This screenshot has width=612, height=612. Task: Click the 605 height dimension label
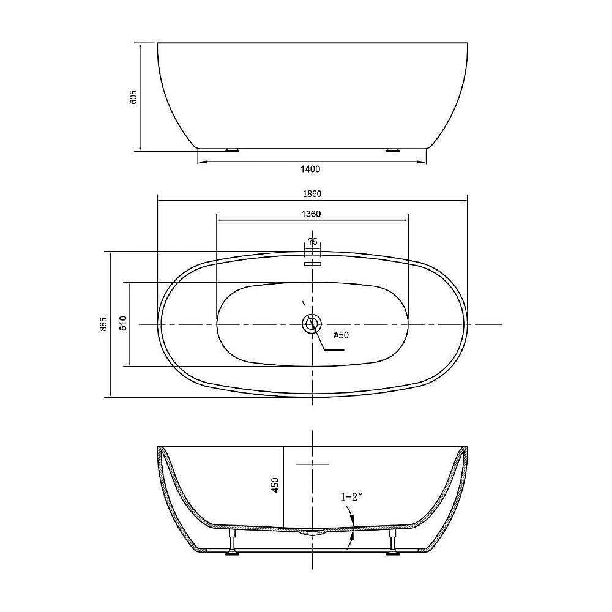coord(133,97)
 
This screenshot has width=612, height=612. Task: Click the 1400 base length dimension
coord(312,169)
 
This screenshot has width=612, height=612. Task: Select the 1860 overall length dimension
coord(312,193)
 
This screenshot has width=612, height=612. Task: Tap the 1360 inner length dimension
coord(312,214)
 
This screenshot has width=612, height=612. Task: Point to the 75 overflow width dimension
coord(312,242)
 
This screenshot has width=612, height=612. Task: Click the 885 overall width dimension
coord(103,324)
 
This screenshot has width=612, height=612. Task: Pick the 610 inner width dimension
coord(122,324)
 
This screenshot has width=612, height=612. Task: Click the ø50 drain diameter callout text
coord(340,335)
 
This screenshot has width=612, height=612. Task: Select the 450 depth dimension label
coord(275,485)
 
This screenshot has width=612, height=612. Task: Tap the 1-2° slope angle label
coord(352,498)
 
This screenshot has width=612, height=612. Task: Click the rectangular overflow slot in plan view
coord(312,264)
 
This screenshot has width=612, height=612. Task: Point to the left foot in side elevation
coord(233,149)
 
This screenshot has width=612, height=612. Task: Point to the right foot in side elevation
coord(392,149)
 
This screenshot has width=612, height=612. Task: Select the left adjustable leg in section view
coord(233,543)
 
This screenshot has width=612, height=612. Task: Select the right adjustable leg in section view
coord(392,543)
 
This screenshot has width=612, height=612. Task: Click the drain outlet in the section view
coord(312,532)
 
